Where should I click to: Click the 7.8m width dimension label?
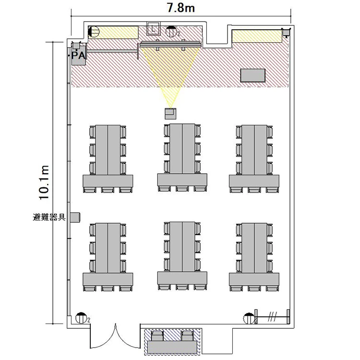click(181, 8)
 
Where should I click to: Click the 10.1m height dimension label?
click(44, 182)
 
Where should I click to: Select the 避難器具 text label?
click(49, 217)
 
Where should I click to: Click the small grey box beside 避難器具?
click(75, 217)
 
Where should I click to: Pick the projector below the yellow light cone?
click(170, 113)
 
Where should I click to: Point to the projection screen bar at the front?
click(170, 45)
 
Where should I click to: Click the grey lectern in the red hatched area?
click(253, 75)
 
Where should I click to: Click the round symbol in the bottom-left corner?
click(81, 318)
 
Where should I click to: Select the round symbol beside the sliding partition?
click(249, 318)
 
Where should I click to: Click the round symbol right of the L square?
click(171, 31)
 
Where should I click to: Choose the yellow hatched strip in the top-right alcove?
click(257, 36)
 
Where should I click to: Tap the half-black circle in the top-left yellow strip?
click(94, 32)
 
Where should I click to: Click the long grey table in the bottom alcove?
click(172, 347)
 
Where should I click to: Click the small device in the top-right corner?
click(286, 32)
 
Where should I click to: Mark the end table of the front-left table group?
click(108, 181)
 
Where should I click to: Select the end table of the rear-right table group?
click(254, 279)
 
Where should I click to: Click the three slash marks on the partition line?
click(273, 317)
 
